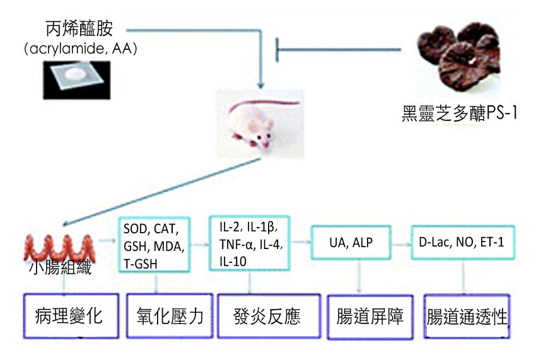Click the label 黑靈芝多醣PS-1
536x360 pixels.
click(460, 113)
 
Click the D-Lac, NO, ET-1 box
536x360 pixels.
click(463, 242)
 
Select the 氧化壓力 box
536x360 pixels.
click(170, 315)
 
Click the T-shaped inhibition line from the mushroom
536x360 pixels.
click(341, 49)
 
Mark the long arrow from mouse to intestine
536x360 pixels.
click(158, 189)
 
